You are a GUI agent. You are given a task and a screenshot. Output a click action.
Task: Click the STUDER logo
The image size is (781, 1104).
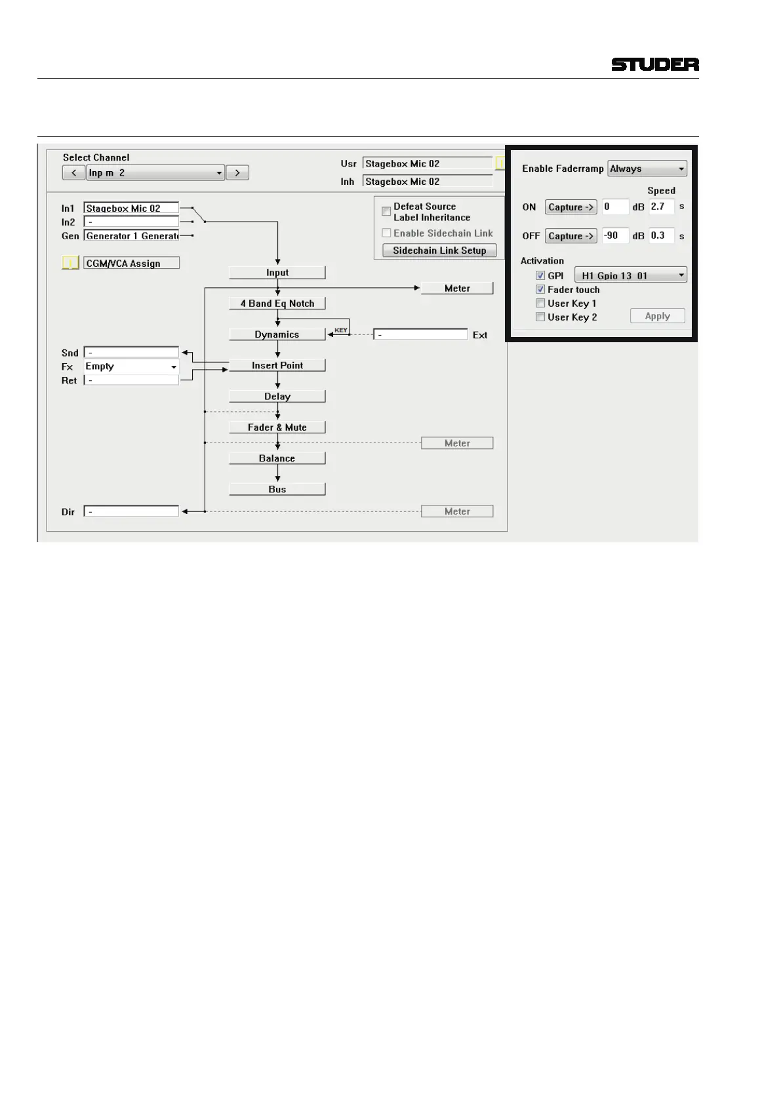pyautogui.click(x=654, y=64)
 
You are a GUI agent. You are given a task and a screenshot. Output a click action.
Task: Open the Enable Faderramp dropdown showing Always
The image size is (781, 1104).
pyautogui.click(x=647, y=168)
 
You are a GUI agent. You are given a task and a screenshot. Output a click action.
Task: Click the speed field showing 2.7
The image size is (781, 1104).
pyautogui.click(x=661, y=207)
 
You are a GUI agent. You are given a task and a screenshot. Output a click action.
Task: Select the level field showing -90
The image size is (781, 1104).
pyautogui.click(x=614, y=236)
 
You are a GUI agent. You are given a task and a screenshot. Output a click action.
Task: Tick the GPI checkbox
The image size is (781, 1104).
pyautogui.click(x=540, y=276)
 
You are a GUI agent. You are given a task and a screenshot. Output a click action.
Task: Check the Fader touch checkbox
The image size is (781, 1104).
pyautogui.click(x=540, y=290)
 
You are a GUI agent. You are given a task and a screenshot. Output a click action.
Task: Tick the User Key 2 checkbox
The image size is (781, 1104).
pyautogui.click(x=540, y=317)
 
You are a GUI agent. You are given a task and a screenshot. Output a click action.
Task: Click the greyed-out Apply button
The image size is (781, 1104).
pyautogui.click(x=657, y=316)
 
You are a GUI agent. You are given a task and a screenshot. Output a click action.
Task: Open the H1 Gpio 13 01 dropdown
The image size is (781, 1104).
pyautogui.click(x=630, y=275)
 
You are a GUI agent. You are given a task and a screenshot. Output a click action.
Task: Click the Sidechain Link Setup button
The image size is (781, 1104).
pyautogui.click(x=439, y=250)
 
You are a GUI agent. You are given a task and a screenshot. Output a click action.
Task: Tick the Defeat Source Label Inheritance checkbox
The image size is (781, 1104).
pyautogui.click(x=386, y=212)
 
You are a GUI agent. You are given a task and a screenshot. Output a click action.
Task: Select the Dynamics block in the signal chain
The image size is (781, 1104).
pyautogui.click(x=277, y=334)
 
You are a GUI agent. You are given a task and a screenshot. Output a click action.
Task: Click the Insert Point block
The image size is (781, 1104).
pyautogui.click(x=277, y=365)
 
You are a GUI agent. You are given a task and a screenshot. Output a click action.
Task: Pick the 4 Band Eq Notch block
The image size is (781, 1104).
pyautogui.click(x=277, y=304)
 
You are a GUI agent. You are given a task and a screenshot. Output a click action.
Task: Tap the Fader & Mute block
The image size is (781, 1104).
pyautogui.click(x=277, y=427)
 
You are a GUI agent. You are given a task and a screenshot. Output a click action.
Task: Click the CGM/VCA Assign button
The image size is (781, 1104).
pyautogui.click(x=131, y=264)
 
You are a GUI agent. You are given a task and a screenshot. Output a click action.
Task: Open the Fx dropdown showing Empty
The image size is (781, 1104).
pyautogui.click(x=131, y=366)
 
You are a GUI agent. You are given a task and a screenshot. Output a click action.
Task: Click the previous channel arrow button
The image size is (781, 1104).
pyautogui.click(x=73, y=173)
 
